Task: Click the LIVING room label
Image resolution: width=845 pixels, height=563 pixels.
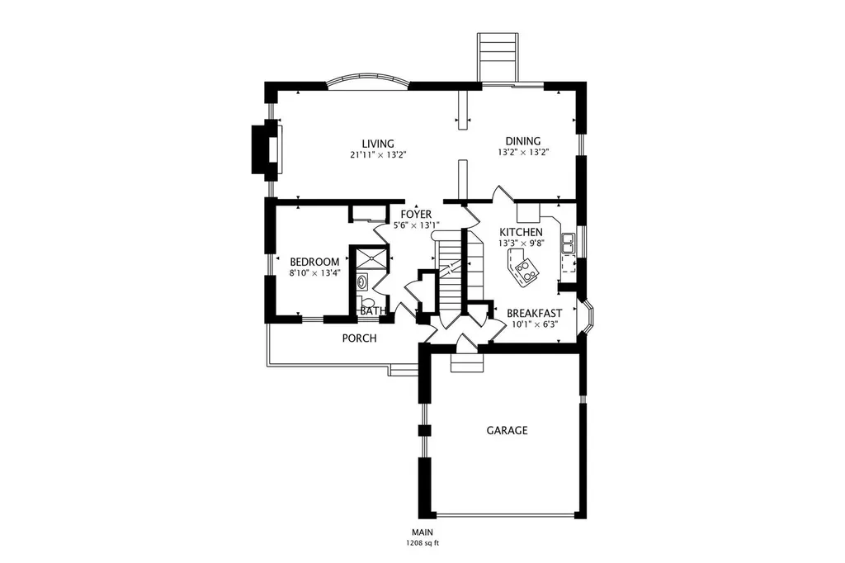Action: tap(378, 144)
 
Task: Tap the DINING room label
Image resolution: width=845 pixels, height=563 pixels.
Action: tap(522, 142)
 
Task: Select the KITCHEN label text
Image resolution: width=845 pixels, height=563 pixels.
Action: tap(522, 233)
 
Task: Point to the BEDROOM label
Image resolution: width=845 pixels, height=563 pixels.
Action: tap(314, 262)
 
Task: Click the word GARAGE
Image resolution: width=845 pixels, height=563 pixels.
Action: tap(507, 430)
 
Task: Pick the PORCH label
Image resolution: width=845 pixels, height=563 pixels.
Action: tap(360, 338)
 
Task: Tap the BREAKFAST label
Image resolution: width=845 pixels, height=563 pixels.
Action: tap(535, 314)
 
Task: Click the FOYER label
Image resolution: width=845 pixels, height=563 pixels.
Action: tap(416, 215)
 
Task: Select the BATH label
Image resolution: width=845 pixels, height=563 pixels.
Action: tap(373, 311)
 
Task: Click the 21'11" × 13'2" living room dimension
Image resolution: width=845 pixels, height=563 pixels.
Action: tap(378, 154)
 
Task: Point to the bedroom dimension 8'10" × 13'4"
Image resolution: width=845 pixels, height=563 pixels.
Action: tap(314, 272)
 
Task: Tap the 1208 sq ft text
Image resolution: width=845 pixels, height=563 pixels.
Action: tap(422, 543)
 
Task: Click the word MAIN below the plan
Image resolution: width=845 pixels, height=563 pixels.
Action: tap(422, 532)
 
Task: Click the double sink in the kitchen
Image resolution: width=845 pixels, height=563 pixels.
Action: tap(568, 243)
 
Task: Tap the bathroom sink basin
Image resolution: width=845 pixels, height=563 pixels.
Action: tap(362, 281)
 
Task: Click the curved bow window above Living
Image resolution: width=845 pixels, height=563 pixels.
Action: tap(369, 81)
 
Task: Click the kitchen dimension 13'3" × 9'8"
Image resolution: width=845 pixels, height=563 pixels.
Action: tap(522, 244)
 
